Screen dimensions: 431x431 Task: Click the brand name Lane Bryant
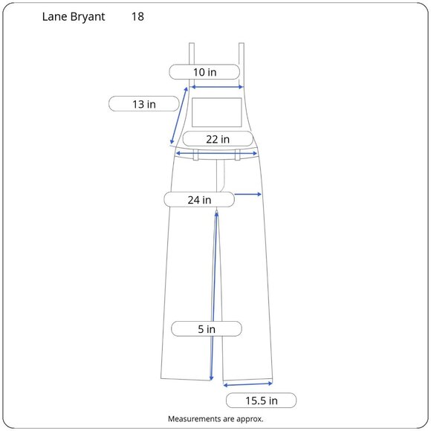click(74, 17)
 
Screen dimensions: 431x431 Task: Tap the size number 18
click(137, 16)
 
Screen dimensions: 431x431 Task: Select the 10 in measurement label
click(204, 72)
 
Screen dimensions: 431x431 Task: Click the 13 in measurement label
click(144, 104)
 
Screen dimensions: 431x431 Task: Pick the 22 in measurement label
click(218, 139)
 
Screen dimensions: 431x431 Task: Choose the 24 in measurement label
click(199, 200)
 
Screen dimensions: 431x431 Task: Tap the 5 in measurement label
click(207, 328)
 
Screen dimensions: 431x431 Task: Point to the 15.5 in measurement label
click(261, 401)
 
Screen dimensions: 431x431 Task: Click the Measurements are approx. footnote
click(215, 419)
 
